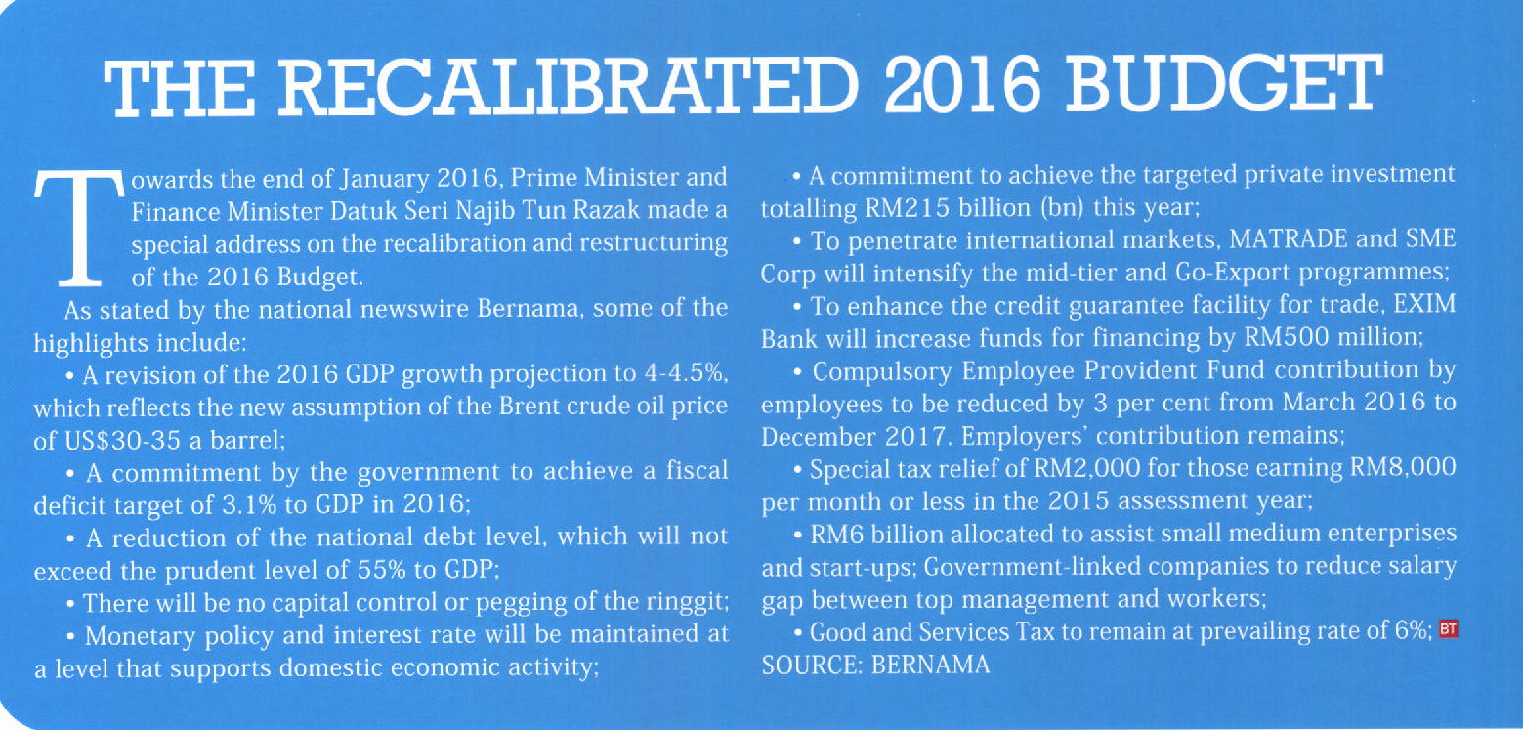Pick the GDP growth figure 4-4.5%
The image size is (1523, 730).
[x=682, y=373]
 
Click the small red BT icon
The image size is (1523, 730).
[x=1449, y=629]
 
